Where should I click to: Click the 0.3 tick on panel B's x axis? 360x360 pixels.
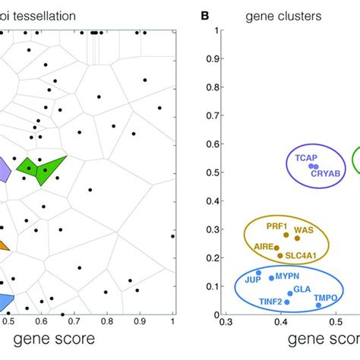226,323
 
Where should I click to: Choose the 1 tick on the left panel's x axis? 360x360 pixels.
172,322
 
